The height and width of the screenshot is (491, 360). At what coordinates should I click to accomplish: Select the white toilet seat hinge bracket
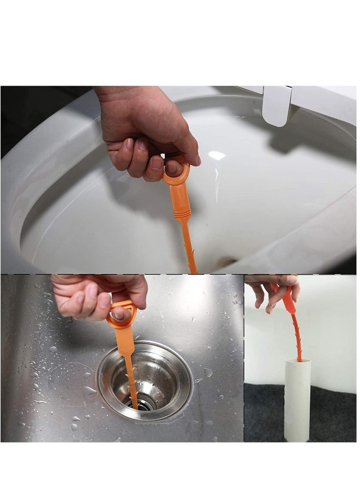coord(277,104)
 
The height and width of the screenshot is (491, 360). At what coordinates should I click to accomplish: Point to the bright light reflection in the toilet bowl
coord(217,155)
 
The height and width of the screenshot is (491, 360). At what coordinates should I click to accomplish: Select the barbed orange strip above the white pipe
coord(296,336)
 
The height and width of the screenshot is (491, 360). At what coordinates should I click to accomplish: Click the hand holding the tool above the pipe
coord(273,292)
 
